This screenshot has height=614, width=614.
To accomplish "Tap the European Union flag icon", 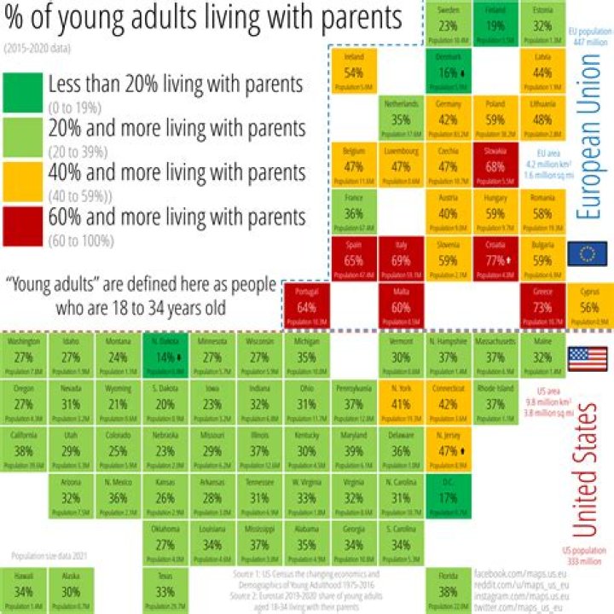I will pos(588,253).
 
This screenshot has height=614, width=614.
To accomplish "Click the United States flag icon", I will pos(588,358).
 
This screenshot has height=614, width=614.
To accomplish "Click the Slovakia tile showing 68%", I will pos(495,165).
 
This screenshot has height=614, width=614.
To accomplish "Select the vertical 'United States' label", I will pos(587,465).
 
